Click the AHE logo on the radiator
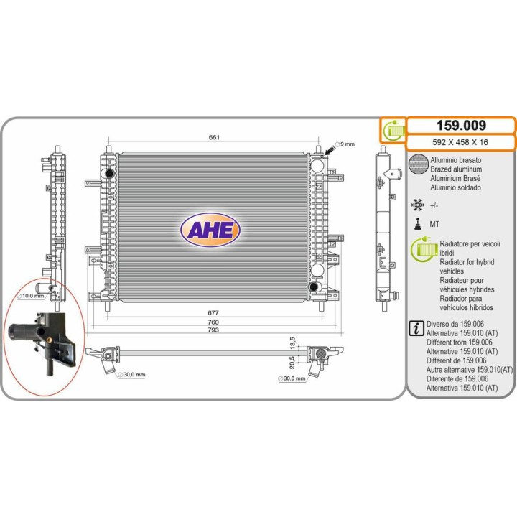tap(210, 230)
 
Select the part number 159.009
tap(461, 126)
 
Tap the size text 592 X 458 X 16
tap(460, 142)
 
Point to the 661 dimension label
tap(214, 137)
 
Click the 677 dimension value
tap(213, 312)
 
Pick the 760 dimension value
tap(213, 322)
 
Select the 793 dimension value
tap(213, 330)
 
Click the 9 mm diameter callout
tap(345, 144)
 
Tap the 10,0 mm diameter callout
tap(30, 296)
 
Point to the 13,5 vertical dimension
tap(292, 343)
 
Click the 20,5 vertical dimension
tap(292, 362)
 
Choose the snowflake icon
tap(417, 205)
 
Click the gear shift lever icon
tap(418, 223)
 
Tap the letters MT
tap(434, 224)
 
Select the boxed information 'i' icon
tap(416, 328)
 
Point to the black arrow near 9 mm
tap(330, 150)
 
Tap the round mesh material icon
tap(418, 164)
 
